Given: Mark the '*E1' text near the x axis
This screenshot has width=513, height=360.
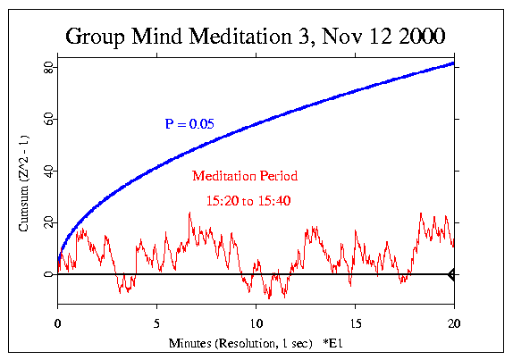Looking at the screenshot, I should [x=321, y=343].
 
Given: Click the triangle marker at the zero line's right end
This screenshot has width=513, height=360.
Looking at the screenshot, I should [x=451, y=274].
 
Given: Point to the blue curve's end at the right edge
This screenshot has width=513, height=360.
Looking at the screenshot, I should [x=453, y=63].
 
